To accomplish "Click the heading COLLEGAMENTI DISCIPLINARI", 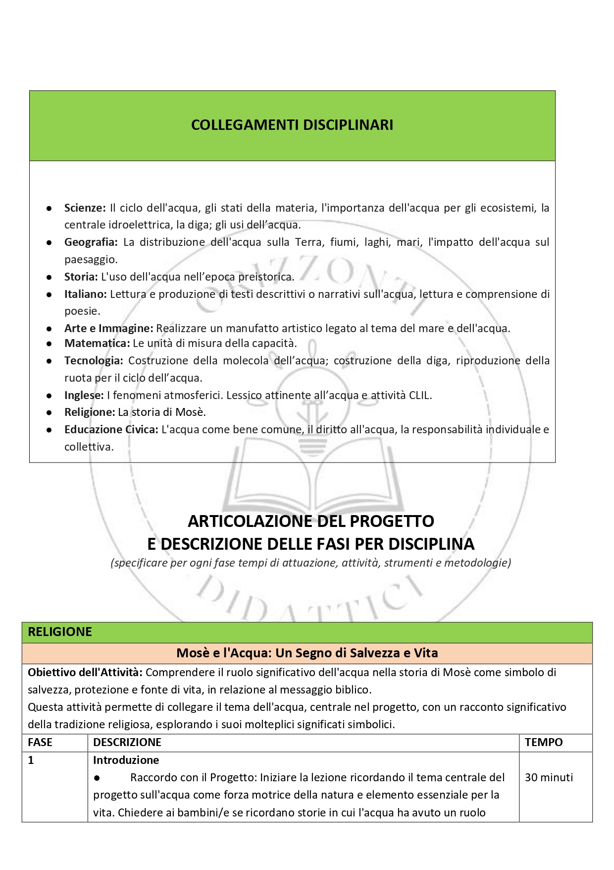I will pos(292,125).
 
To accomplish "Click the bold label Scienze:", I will pos(85,208).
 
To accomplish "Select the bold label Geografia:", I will pos(91,242).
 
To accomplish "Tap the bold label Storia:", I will pos(81,277).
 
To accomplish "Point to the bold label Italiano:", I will pos(85,294).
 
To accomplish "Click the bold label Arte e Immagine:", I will pos(108,328).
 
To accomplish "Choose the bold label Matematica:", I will pos(97,343).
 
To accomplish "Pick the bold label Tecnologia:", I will pos(93,360).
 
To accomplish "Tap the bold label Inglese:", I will pos(84,395).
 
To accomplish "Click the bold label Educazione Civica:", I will pos(111,429).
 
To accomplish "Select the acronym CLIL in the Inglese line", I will pos(419,395).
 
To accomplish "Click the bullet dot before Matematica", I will pos(49,344).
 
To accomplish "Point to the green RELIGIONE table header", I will pos(60,632).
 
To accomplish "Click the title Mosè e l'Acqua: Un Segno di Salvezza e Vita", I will pos(307,653).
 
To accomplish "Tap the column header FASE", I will pos(40,742).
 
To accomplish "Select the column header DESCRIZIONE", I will pos(127,742).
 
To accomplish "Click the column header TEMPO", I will pos(544,742).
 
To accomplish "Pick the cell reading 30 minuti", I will pos(549,777).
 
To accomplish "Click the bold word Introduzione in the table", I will pos(126,760).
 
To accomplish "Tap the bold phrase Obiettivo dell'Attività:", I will pos(85,672).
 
